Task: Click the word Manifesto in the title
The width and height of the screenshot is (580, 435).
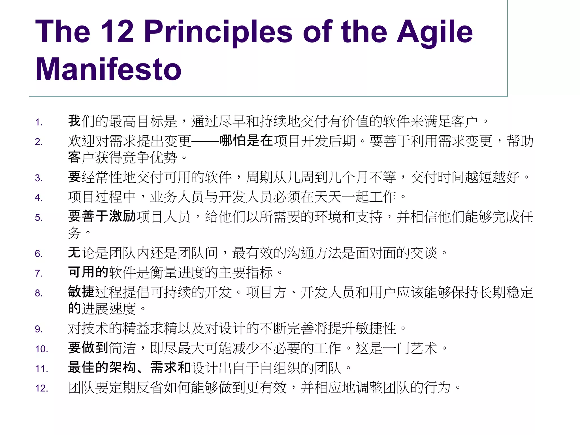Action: point(108,69)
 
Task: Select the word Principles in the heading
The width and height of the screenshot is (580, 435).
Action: point(218,32)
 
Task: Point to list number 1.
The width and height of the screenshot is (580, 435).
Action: point(39,122)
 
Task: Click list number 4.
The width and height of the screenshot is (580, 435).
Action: point(39,198)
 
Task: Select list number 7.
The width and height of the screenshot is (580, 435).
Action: point(39,273)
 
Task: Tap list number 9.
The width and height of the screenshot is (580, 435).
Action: point(39,329)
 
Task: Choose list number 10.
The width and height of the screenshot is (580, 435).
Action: point(42,349)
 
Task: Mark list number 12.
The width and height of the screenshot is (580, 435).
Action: point(42,388)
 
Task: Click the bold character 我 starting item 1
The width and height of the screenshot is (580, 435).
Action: point(74,121)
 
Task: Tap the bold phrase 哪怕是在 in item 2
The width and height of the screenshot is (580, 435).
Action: point(246,140)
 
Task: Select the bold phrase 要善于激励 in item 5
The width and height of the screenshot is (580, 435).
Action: point(102,216)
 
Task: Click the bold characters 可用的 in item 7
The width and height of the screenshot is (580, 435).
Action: point(88,272)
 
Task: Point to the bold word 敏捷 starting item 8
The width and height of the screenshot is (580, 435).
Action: point(81,292)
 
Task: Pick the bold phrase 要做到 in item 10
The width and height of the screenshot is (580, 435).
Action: point(88,348)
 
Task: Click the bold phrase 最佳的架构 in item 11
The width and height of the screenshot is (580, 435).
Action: point(102,368)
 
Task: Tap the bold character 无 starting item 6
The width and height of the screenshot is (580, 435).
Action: point(74,253)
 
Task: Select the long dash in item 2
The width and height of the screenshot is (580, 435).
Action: point(205,141)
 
